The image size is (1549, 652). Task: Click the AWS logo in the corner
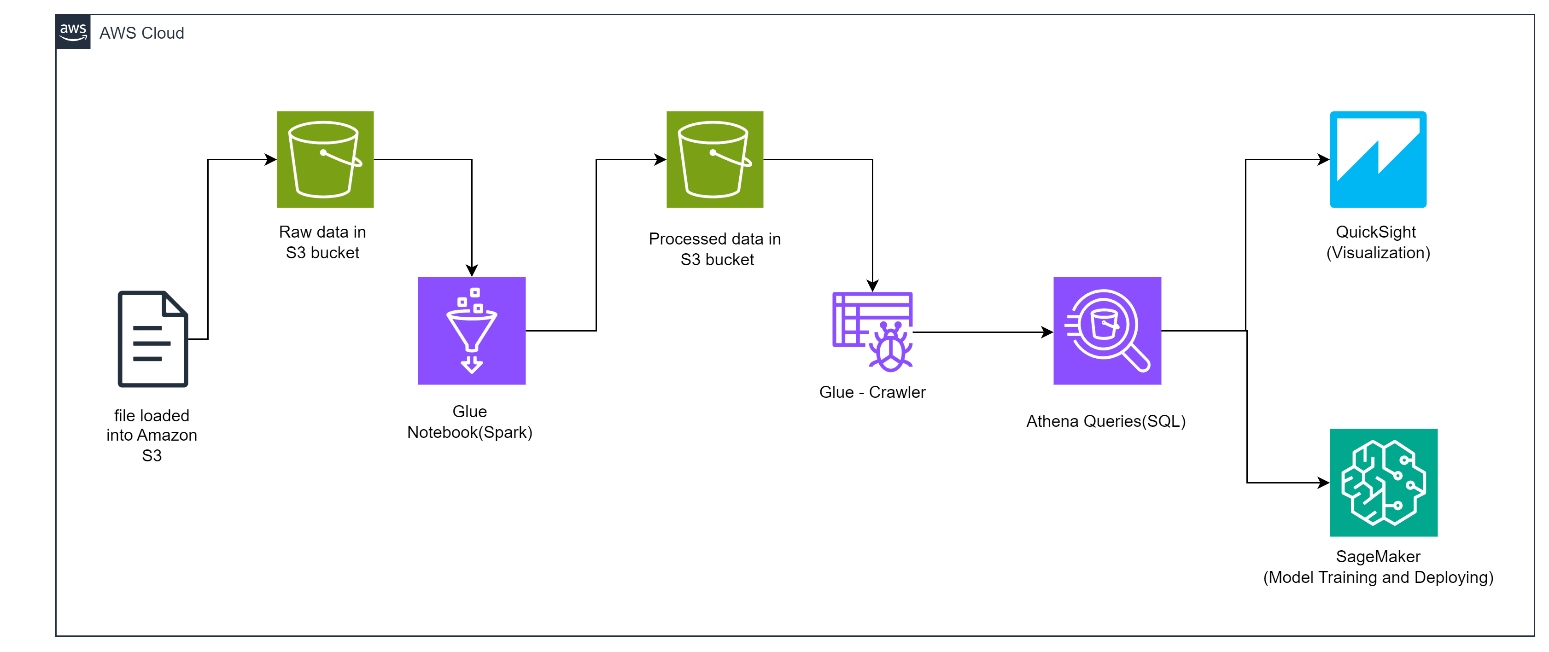point(73,32)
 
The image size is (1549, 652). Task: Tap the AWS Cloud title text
point(141,33)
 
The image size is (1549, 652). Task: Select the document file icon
point(153,339)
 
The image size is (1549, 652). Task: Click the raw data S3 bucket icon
point(325,159)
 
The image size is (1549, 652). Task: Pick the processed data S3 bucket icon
point(714,159)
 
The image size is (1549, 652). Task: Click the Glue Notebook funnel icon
point(472,331)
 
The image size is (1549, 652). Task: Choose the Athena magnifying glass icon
point(1107,331)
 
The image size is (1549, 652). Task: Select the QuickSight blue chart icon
point(1378,159)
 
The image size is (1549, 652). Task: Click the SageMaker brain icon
point(1383,483)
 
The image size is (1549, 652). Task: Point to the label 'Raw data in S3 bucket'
point(322,242)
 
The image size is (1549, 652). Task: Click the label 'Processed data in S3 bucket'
point(715,249)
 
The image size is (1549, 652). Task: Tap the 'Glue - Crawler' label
point(872,392)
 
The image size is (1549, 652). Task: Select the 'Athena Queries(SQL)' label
point(1106,421)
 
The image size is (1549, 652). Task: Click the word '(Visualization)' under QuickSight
point(1378,253)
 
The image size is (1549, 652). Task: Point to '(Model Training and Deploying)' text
point(1378,577)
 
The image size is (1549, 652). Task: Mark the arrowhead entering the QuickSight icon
point(1323,159)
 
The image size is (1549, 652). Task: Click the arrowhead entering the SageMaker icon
point(1323,483)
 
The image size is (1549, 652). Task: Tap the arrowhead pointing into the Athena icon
point(1047,332)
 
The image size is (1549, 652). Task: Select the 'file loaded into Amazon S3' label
point(152,435)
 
